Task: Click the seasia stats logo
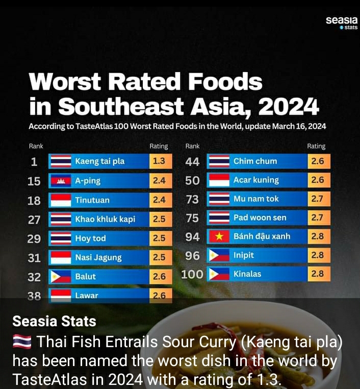[x=342, y=23]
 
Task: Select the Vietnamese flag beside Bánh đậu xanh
[x=219, y=236]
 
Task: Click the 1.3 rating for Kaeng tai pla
[x=159, y=161]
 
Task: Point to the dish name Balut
[x=86, y=276]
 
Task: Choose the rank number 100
[x=192, y=274]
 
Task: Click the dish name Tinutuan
[x=92, y=200]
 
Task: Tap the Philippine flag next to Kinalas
[x=219, y=274]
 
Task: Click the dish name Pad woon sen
[x=260, y=217]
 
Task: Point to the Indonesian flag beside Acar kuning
[x=219, y=180]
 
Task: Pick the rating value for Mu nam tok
[x=317, y=199]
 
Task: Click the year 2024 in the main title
[x=289, y=106]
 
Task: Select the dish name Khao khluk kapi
[x=105, y=219]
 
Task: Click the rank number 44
[x=193, y=162]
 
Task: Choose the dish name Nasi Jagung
[x=98, y=257]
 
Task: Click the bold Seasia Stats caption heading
[x=54, y=321]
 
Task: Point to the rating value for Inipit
[x=317, y=255]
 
